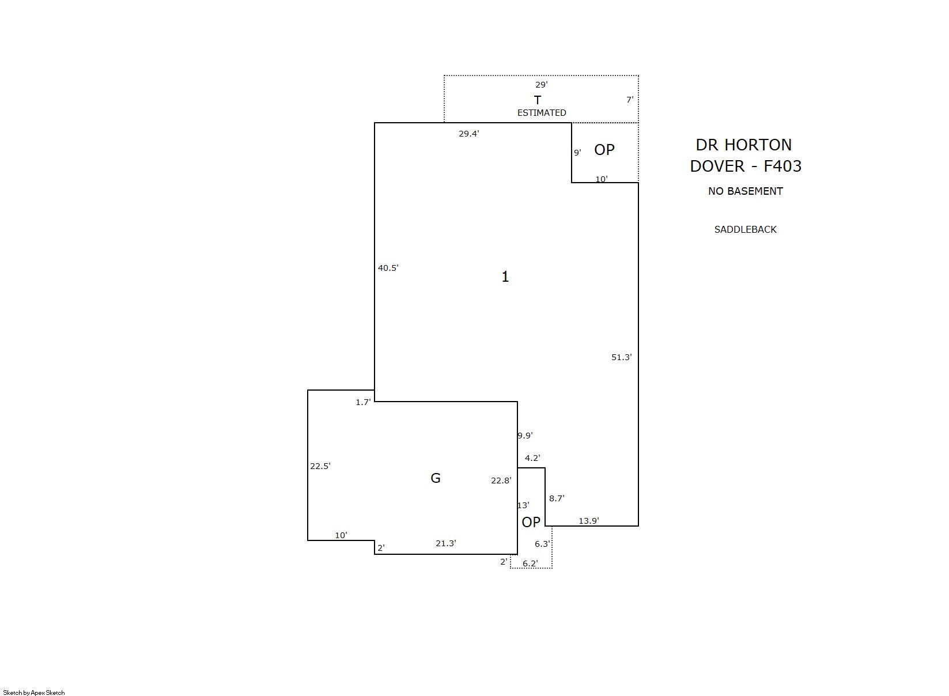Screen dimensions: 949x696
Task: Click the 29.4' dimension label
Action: [468, 134]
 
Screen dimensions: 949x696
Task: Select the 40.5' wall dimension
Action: [388, 268]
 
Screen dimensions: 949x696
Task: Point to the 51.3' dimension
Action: [622, 357]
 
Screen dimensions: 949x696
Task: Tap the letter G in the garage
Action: [436, 478]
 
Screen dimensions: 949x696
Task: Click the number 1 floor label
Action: [505, 277]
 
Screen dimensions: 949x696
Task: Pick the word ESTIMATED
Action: [542, 113]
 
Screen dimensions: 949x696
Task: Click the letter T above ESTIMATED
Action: [537, 100]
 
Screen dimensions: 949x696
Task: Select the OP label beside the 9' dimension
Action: [604, 150]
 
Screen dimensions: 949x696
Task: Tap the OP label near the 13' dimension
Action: [531, 523]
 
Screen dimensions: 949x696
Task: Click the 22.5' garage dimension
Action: [320, 466]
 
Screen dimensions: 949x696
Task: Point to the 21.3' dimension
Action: [446, 543]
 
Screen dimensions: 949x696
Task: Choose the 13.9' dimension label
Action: [589, 521]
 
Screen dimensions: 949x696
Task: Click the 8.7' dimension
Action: [557, 498]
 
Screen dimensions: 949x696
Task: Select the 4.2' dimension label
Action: [532, 458]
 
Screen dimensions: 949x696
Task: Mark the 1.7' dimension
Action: [363, 402]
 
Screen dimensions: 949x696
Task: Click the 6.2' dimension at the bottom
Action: [530, 563]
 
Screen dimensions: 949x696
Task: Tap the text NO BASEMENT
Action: [746, 191]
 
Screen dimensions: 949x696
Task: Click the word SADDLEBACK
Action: [746, 230]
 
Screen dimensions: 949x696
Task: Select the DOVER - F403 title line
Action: [746, 166]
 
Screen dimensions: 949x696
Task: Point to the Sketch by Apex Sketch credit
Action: [34, 693]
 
